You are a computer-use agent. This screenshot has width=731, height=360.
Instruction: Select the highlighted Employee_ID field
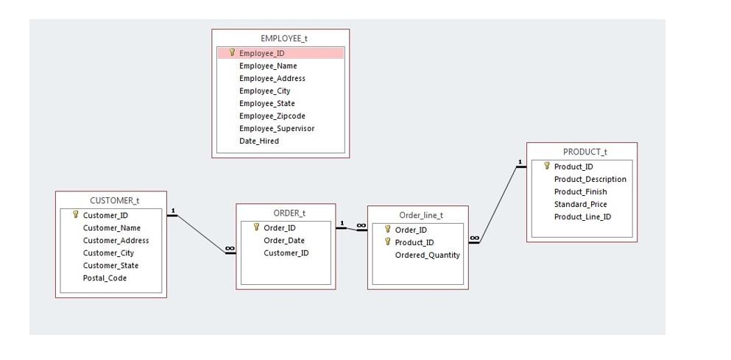point(261,53)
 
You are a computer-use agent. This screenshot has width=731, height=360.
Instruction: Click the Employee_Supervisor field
point(276,128)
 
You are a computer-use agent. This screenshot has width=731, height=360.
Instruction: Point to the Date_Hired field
point(258,141)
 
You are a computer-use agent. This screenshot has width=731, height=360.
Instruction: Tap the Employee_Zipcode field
point(272,116)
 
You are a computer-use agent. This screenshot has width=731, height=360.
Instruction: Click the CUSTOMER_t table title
point(114,200)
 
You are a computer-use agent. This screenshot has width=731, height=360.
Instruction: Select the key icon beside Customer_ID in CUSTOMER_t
point(75,215)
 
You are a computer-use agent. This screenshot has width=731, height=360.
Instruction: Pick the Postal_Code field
point(105,278)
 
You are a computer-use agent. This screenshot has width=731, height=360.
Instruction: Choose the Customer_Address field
point(116,241)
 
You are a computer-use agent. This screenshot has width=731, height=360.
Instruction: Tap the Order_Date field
point(283,241)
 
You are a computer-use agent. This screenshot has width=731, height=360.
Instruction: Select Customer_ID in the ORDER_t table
point(286,253)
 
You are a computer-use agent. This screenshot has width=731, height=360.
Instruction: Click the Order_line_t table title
point(421,215)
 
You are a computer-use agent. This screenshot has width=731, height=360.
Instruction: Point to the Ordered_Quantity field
point(427,255)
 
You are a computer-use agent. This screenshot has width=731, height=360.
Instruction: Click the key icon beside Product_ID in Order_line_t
point(387,242)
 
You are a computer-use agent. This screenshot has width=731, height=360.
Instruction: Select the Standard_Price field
point(580,205)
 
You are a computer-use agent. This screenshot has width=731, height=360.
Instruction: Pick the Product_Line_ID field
point(582,217)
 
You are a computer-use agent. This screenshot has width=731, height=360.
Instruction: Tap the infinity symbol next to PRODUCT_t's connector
point(474,237)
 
